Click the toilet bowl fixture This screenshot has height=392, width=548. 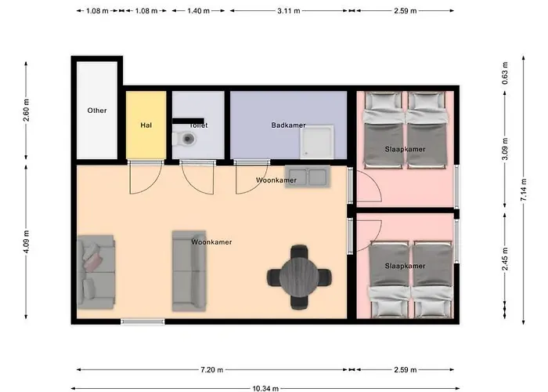click(x=186, y=139)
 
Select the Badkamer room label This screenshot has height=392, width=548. click(x=288, y=125)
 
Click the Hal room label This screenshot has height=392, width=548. click(x=146, y=125)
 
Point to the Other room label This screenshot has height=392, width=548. click(x=97, y=111)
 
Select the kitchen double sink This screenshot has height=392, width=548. click(x=307, y=176)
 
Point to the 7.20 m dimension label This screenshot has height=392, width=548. click(x=211, y=369)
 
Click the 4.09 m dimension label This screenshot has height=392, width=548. click(x=27, y=243)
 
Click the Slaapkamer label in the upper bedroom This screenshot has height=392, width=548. click(x=405, y=149)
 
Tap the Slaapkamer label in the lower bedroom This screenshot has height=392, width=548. click(x=405, y=266)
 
